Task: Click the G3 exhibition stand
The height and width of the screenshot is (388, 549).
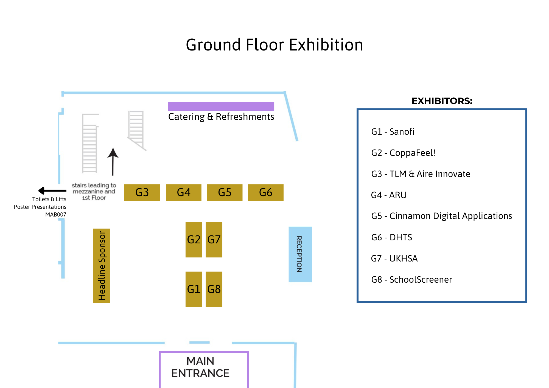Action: click(142, 193)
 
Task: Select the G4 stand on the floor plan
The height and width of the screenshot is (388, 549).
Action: click(183, 193)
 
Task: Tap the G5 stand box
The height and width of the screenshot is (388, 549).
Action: click(225, 193)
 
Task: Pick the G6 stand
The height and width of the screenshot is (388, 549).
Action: click(266, 193)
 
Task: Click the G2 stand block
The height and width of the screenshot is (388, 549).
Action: click(194, 240)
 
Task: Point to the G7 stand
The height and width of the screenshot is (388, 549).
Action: click(214, 240)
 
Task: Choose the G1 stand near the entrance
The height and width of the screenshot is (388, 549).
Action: click(194, 289)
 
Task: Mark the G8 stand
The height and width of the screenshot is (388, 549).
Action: click(214, 289)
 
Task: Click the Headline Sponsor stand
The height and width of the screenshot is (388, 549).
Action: click(102, 266)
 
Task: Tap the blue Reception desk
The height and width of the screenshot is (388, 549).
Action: click(300, 254)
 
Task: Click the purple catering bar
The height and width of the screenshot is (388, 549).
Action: click(221, 106)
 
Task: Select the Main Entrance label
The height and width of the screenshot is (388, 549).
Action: click(201, 367)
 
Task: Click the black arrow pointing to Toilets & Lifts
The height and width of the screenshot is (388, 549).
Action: click(52, 190)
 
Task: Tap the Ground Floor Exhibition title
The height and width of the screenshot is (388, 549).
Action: click(274, 45)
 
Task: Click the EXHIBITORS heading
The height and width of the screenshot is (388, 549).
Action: click(442, 101)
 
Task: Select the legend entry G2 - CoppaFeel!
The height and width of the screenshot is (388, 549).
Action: click(403, 153)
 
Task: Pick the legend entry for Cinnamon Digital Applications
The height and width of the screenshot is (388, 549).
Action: click(441, 216)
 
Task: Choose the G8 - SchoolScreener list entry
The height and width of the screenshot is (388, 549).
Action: click(411, 280)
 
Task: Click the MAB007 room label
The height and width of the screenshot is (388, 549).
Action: click(56, 215)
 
